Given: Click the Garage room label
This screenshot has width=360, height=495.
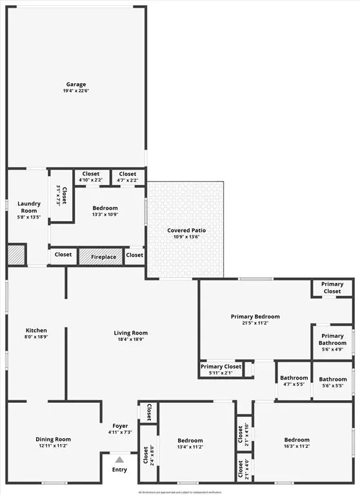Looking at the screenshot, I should (x=75, y=84).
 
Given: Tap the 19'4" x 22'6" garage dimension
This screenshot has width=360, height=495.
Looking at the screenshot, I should (x=75, y=92).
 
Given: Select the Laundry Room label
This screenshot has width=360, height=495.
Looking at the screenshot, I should (x=28, y=207).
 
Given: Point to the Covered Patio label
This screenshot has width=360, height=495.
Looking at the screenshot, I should (x=186, y=230).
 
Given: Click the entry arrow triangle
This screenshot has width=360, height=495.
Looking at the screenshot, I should (x=119, y=460).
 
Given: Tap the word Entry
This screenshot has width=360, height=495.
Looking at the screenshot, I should (x=119, y=469).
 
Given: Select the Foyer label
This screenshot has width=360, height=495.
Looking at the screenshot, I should (x=119, y=426).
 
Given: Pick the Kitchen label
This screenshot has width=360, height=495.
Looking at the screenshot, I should (x=36, y=330).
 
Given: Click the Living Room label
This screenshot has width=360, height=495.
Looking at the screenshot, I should (x=131, y=333).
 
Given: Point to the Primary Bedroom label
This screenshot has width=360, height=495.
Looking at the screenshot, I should (x=255, y=316).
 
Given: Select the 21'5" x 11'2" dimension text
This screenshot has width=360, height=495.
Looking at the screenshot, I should (x=255, y=324).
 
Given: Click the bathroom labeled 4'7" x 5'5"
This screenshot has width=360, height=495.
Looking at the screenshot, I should (x=294, y=381).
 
